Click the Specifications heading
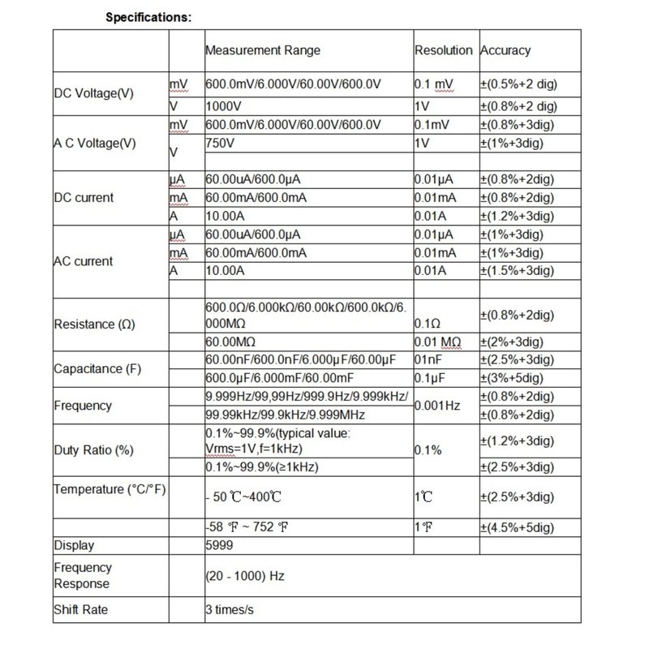(x=148, y=17)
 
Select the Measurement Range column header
(x=262, y=50)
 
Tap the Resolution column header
(x=443, y=50)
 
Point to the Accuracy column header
(x=505, y=50)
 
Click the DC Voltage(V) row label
(x=93, y=94)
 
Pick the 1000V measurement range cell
(x=223, y=105)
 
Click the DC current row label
(x=84, y=197)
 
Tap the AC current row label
(x=84, y=261)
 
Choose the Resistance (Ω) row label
(x=95, y=324)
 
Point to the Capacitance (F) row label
(x=99, y=369)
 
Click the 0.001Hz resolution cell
(x=439, y=404)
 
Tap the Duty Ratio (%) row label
(x=92, y=449)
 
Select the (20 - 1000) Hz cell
(x=244, y=575)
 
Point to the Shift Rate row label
(x=80, y=610)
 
